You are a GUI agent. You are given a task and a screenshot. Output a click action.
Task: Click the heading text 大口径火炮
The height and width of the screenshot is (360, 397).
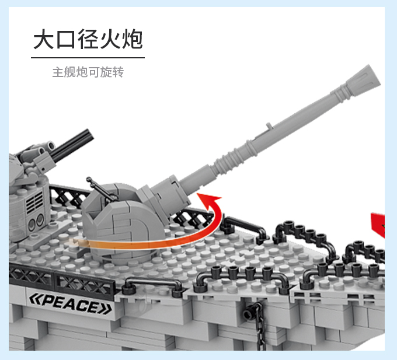pos(88,39)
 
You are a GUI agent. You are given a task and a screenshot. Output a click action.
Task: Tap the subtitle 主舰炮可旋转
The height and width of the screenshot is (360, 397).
pos(88,72)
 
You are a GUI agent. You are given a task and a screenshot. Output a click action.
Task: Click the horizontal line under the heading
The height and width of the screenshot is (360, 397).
pos(88,58)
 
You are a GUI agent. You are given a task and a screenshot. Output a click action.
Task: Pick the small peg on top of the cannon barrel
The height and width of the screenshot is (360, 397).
pos(269,125)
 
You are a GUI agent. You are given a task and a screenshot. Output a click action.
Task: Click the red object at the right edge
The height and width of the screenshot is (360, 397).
pos(378,225)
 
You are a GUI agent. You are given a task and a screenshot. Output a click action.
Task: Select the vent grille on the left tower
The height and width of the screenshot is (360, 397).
pos(34,202)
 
